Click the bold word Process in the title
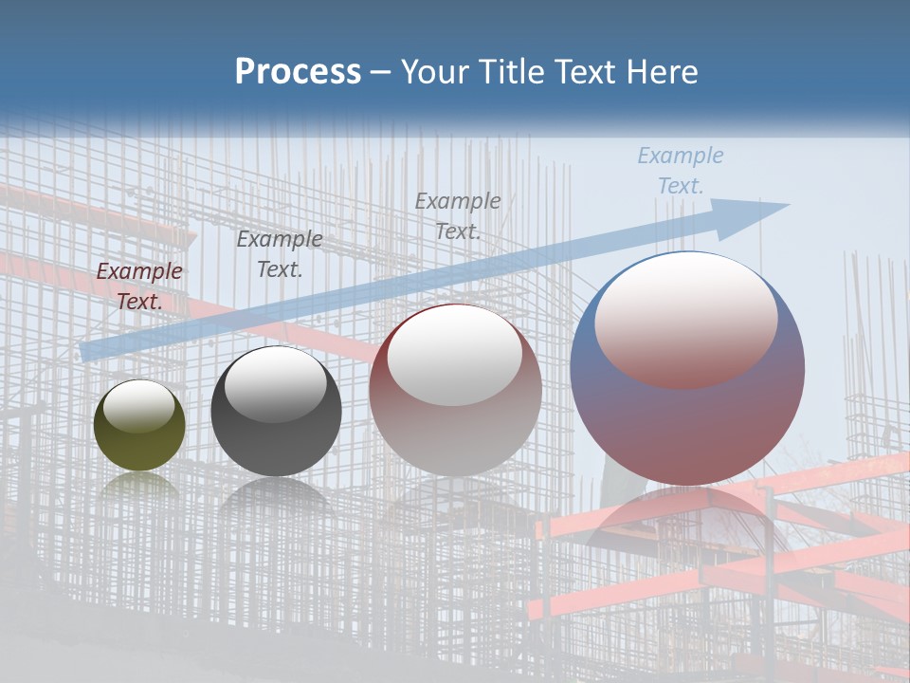[298, 72]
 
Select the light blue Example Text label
[681, 171]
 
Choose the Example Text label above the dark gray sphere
[280, 253]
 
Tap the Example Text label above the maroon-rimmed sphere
[458, 215]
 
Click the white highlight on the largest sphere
[686, 318]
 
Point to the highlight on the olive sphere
[139, 405]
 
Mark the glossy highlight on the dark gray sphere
[276, 382]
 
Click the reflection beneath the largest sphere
[687, 517]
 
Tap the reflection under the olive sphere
[139, 486]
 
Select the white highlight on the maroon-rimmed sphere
[455, 354]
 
